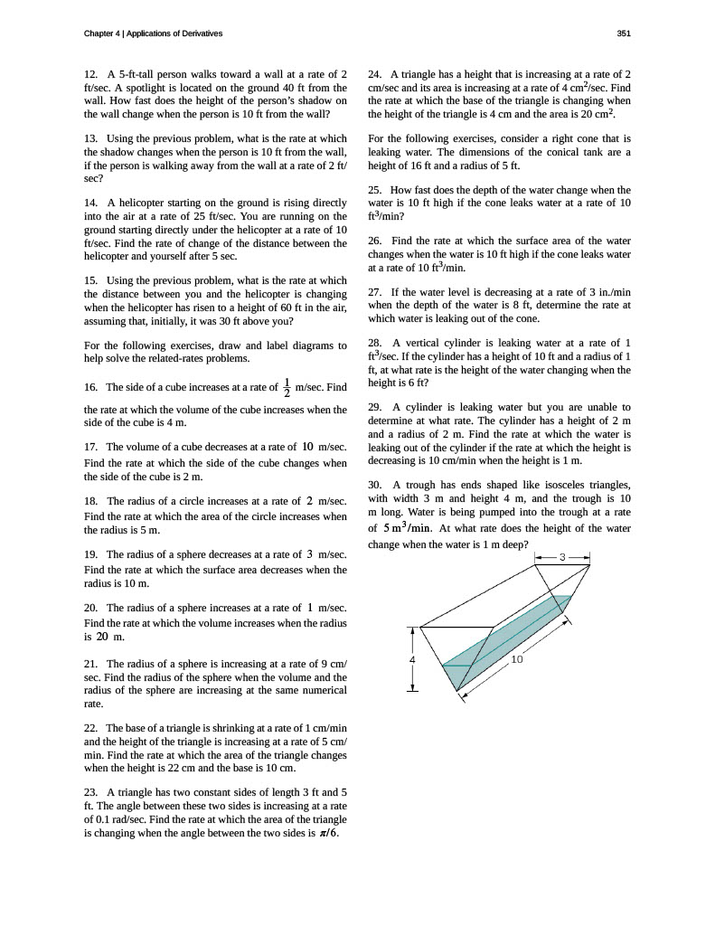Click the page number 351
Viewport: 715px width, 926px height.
click(x=623, y=33)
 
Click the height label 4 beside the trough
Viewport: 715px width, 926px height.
click(x=413, y=660)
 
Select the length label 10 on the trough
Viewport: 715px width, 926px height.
click(x=517, y=659)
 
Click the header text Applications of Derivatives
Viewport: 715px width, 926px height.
click(x=174, y=33)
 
